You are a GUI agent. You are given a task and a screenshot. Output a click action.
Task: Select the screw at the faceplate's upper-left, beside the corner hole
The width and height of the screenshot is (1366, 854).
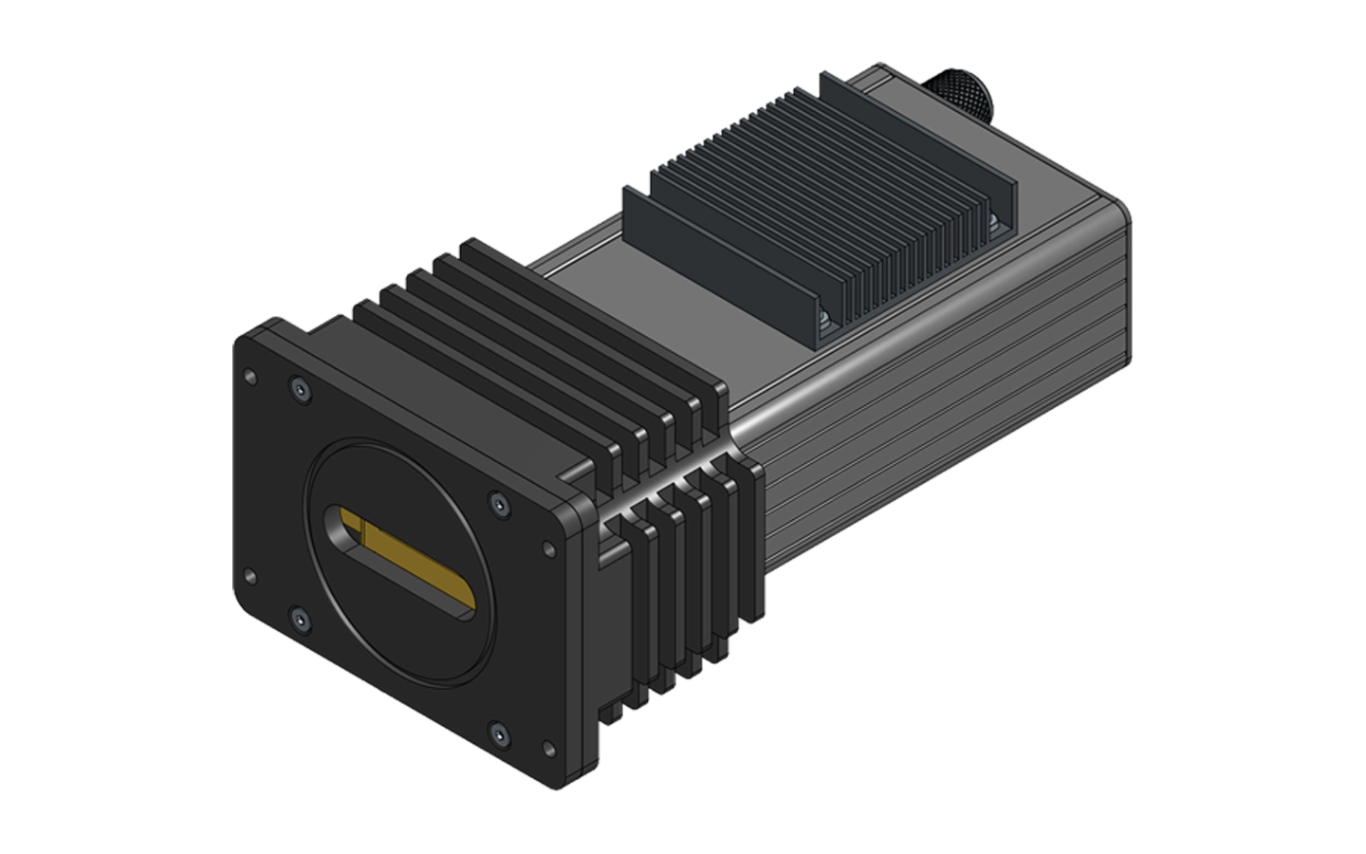[x=300, y=389]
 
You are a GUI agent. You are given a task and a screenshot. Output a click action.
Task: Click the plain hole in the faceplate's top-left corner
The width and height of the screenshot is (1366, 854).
[x=249, y=378]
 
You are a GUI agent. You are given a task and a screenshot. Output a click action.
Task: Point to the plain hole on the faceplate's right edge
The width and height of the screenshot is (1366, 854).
[x=547, y=548]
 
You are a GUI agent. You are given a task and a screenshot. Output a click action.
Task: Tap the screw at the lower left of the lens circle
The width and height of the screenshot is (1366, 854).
[x=301, y=621]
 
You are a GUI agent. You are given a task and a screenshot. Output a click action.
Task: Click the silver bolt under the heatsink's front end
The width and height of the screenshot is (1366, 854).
[x=827, y=323]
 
